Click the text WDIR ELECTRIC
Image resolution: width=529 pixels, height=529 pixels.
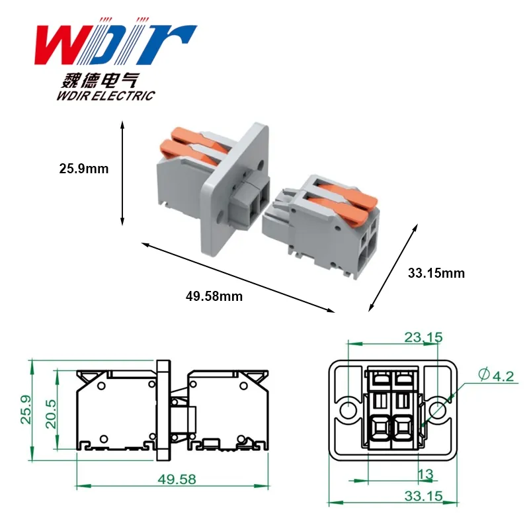[106, 96]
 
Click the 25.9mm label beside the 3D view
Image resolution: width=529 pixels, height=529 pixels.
[84, 169]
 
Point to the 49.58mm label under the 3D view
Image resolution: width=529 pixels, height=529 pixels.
[214, 296]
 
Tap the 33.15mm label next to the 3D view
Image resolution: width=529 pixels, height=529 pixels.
[436, 273]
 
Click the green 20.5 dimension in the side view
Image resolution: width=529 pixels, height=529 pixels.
[52, 414]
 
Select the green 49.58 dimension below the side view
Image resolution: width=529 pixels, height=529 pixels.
[177, 479]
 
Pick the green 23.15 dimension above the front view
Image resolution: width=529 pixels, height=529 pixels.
[423, 337]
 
